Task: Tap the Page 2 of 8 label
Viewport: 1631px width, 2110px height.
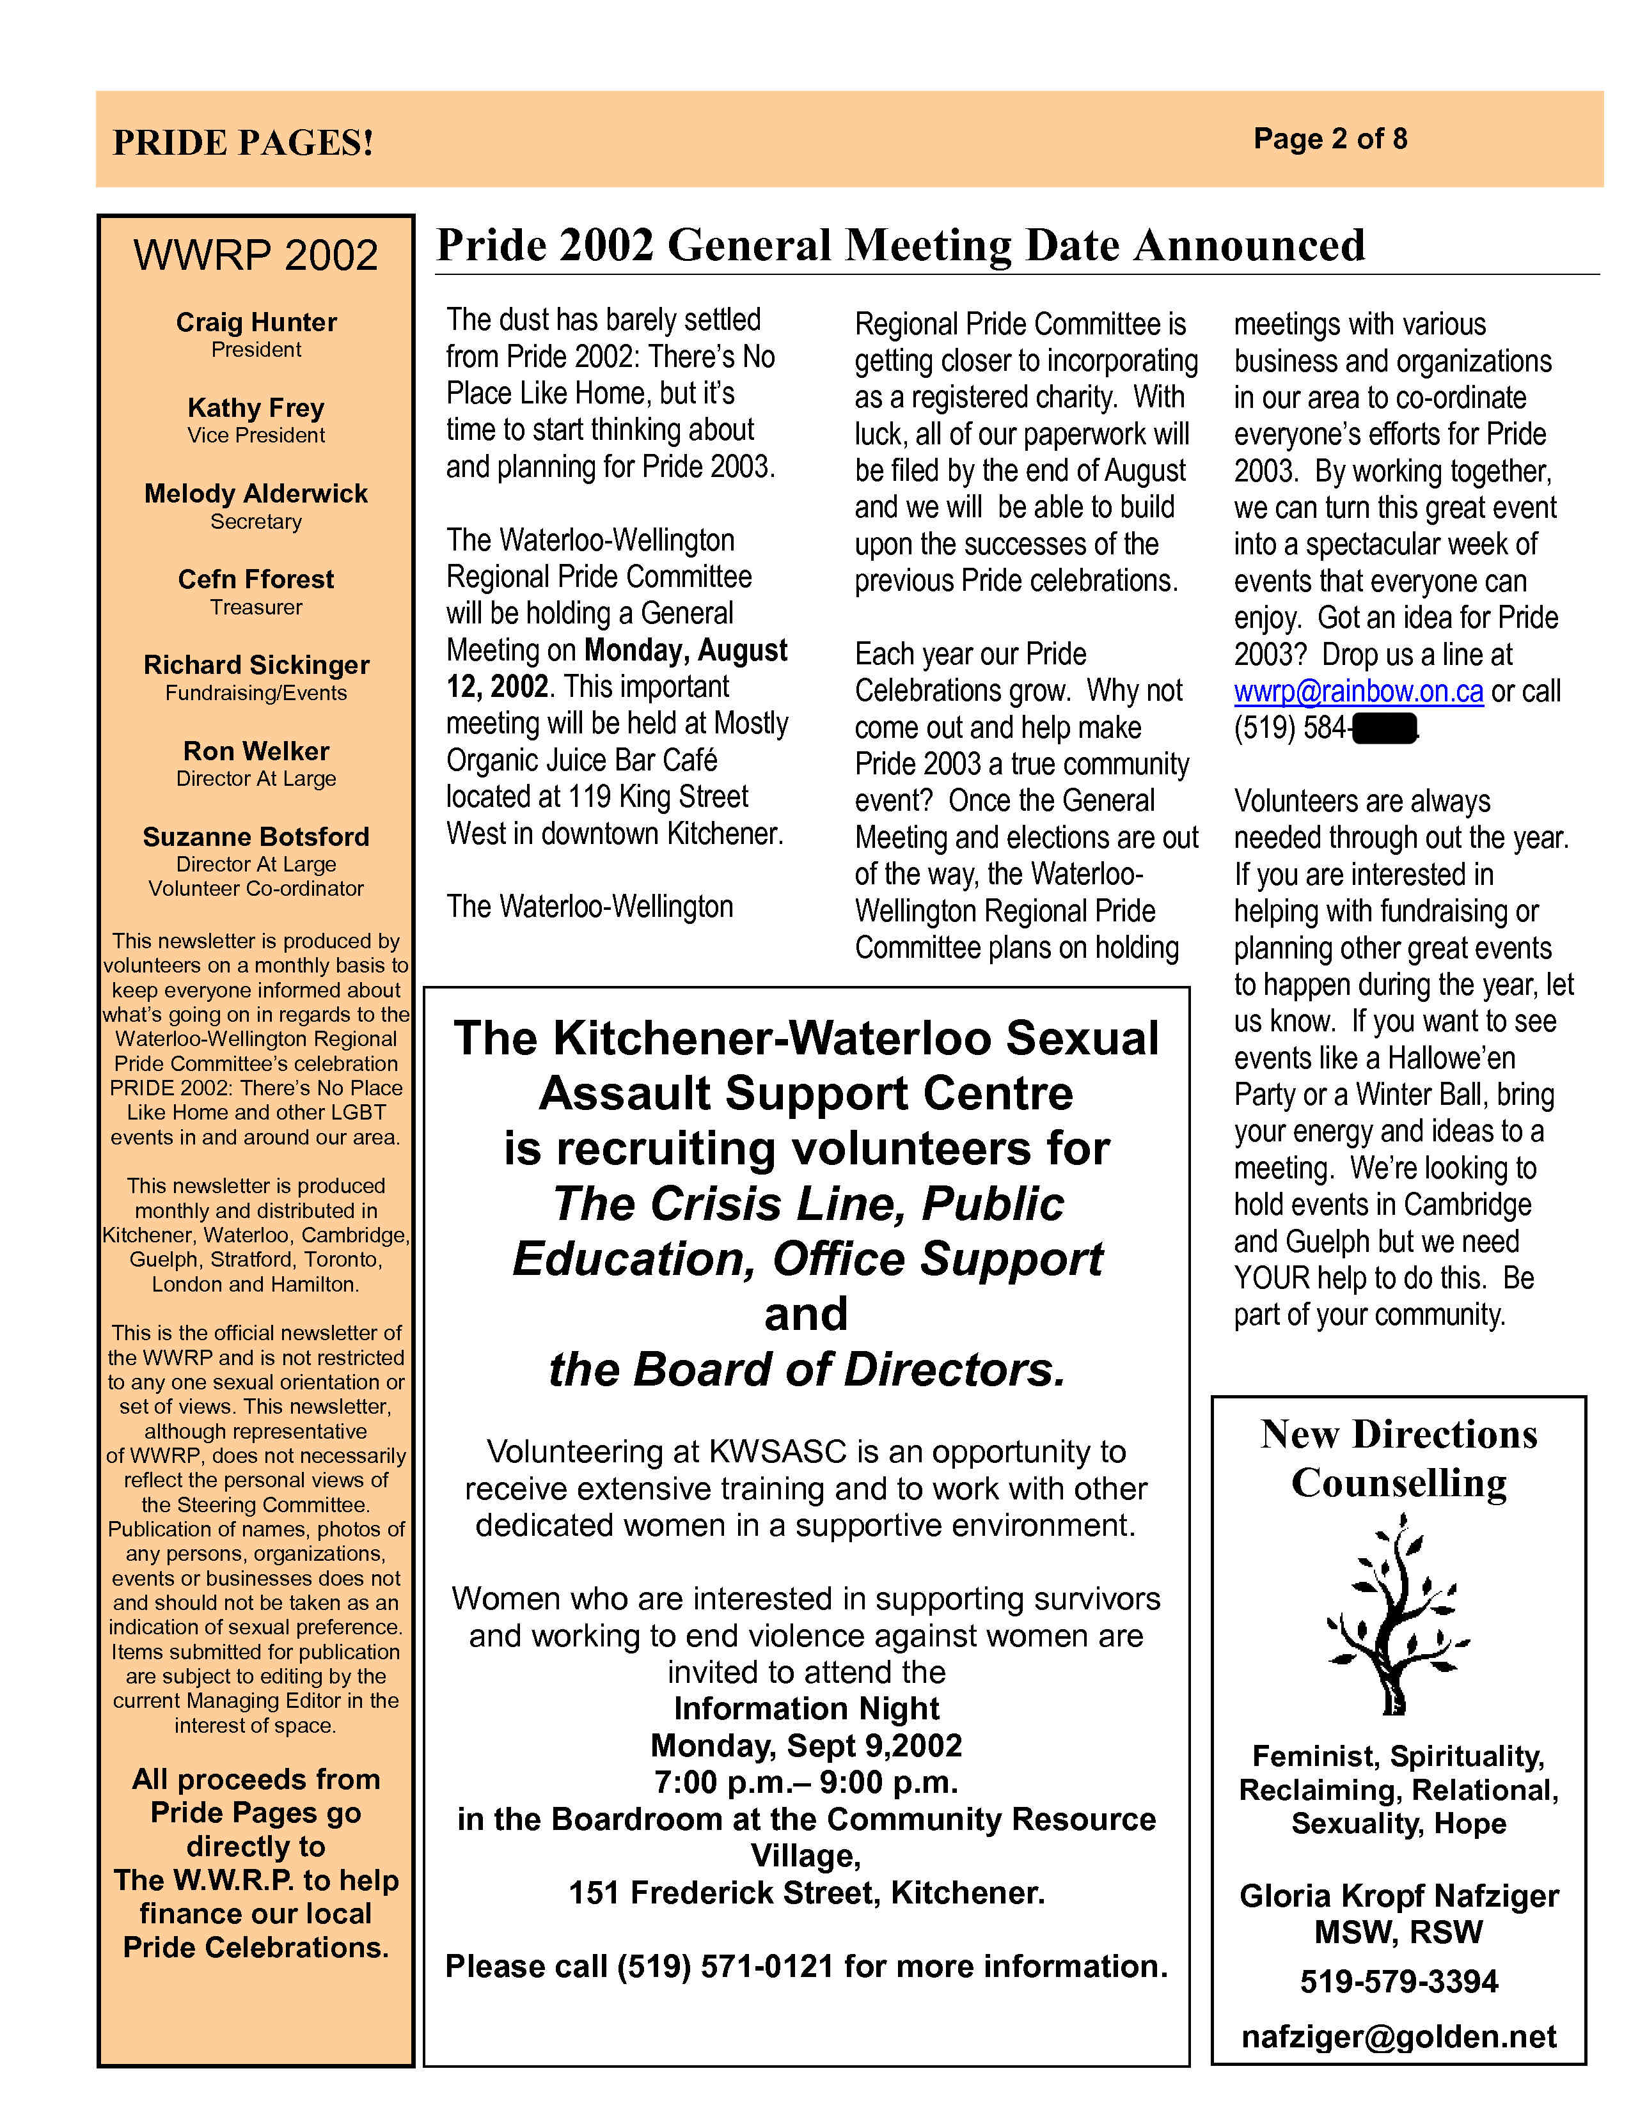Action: coord(1330,139)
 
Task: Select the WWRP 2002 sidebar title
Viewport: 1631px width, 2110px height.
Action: coord(256,255)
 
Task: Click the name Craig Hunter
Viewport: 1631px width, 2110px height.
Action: coord(256,322)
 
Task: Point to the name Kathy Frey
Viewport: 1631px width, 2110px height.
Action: coord(256,408)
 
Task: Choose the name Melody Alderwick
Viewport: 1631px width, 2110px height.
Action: coord(256,494)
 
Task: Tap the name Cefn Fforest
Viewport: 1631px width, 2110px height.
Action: coord(256,580)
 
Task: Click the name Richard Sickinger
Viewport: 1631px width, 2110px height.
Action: coord(256,665)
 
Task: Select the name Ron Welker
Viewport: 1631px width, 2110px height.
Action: coord(256,751)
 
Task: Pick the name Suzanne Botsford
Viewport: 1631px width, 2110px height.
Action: coord(256,837)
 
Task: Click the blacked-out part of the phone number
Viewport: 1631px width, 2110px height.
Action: coord(1385,728)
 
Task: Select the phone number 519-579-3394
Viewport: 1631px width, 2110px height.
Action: coord(1399,1981)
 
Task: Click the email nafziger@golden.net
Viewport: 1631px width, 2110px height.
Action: coord(1399,2036)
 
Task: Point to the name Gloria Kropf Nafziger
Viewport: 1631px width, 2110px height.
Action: coord(1399,1896)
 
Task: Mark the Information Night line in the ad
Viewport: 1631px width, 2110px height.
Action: coord(807,1708)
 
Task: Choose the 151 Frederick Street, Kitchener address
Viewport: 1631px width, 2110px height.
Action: coord(807,1892)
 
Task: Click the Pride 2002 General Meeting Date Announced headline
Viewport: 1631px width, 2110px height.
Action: coord(899,246)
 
